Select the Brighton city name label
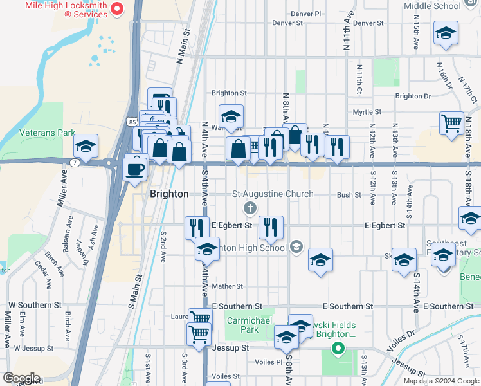169,194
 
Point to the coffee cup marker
135,169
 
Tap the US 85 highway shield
131,120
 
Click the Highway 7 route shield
76,162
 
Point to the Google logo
21,378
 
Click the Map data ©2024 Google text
441,381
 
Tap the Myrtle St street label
367,112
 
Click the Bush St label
349,194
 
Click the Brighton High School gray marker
296,246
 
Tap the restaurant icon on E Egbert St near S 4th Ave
197,227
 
